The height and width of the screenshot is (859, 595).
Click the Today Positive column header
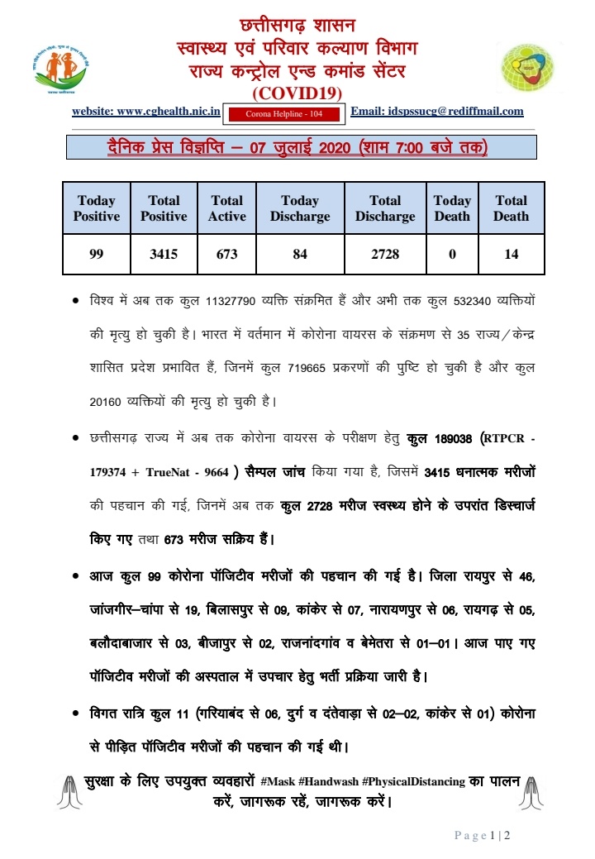[97, 208]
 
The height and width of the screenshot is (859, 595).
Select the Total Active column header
[227, 208]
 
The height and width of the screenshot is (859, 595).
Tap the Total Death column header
[512, 208]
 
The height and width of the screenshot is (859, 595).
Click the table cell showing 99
[97, 255]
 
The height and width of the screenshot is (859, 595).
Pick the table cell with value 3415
[164, 255]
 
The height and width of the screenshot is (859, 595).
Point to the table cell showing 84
[300, 255]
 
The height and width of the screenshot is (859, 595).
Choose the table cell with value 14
[512, 255]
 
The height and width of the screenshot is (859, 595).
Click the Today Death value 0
[452, 255]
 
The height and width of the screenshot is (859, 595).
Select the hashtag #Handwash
[330, 781]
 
